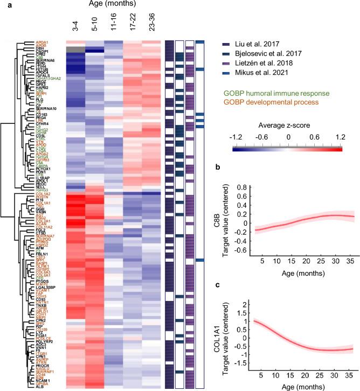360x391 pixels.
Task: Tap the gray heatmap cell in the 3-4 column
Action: point(76,50)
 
